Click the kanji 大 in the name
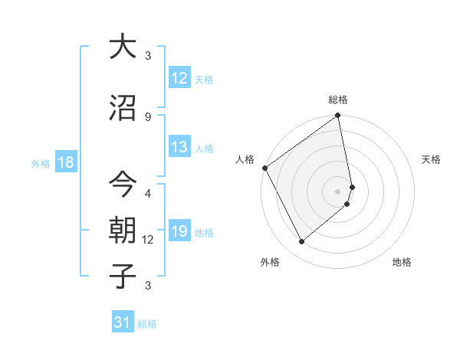click(x=123, y=47)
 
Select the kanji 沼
click(x=123, y=109)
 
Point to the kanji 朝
click(x=123, y=231)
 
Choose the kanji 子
click(x=123, y=276)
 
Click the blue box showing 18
click(x=65, y=162)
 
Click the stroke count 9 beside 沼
click(x=148, y=116)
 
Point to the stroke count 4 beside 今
click(x=148, y=193)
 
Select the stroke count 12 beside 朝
click(x=148, y=240)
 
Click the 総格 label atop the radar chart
click(x=338, y=100)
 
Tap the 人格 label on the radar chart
click(x=245, y=159)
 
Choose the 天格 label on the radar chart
click(x=432, y=159)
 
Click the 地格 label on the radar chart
click(x=402, y=263)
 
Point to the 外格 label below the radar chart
click(x=270, y=263)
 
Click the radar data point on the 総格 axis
click(x=338, y=116)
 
